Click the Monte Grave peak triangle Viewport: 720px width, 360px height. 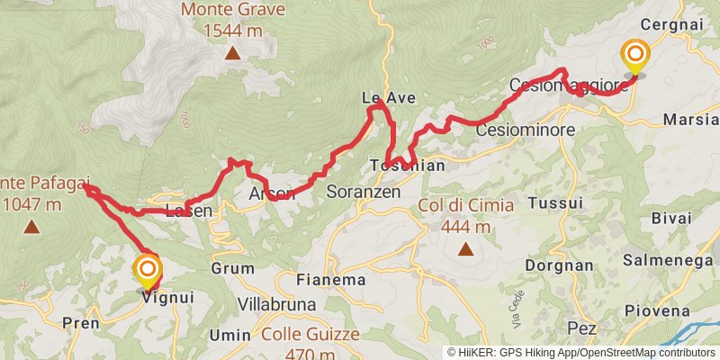pos(232,53)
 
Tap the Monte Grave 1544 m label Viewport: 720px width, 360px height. pos(232,21)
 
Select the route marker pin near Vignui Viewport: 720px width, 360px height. pos(147,272)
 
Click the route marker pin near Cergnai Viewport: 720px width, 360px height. pos(636,57)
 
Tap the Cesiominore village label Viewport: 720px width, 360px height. pos(525,130)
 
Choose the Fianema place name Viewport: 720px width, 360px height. pos(331,280)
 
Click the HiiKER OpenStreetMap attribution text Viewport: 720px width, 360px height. pos(582,352)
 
